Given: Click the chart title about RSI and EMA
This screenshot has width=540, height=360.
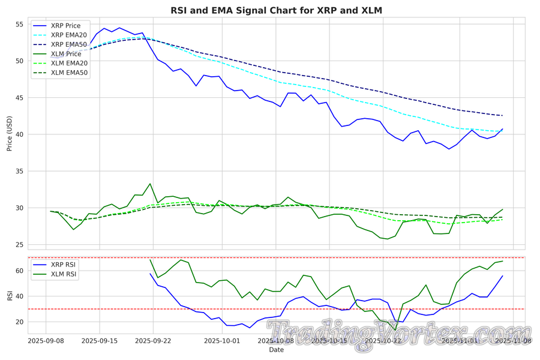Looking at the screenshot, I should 276,10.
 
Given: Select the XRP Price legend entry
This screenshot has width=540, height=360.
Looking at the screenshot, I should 65,26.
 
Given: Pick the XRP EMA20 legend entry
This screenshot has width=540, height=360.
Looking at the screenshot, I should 68,35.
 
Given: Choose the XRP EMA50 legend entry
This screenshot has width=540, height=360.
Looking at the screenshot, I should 68,44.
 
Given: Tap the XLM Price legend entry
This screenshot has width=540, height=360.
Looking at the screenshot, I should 65,54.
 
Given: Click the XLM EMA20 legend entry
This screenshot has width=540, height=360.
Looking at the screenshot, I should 68,63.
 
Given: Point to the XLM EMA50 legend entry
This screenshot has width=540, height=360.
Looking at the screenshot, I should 68,73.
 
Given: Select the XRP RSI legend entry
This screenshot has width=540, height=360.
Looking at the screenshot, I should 62,265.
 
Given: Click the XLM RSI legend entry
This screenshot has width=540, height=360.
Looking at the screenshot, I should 62,274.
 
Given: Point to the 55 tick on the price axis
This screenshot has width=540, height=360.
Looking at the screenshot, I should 19,25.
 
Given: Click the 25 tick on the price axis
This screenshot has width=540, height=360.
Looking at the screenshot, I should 19,245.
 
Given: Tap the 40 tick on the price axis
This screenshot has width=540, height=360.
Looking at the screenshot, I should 19,134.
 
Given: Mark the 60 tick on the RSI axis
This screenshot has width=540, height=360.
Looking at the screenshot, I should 19,271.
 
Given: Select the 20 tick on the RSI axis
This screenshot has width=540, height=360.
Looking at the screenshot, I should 19,322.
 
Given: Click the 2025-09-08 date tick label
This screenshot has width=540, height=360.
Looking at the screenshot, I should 47,341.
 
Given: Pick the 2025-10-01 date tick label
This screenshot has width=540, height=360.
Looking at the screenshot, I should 222,341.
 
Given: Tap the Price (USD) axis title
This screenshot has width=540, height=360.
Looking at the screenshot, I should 10,133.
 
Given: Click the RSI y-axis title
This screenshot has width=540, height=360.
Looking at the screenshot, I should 10,295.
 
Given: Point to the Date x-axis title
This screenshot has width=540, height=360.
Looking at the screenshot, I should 276,350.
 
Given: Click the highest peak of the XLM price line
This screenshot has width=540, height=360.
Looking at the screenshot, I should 150,184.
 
